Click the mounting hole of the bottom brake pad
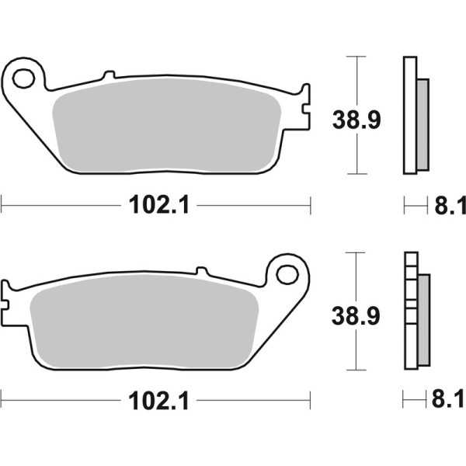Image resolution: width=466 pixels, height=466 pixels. click(287, 273)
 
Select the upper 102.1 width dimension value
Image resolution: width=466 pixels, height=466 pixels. click(158, 205)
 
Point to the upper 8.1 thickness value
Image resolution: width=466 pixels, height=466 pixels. click(450, 206)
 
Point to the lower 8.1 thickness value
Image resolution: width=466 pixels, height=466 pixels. click(450, 402)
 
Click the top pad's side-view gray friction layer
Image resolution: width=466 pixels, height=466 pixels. click(423, 124)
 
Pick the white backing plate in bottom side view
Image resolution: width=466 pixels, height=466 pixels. click(409, 311)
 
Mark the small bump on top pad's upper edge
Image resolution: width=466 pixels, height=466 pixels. click(109, 75)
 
